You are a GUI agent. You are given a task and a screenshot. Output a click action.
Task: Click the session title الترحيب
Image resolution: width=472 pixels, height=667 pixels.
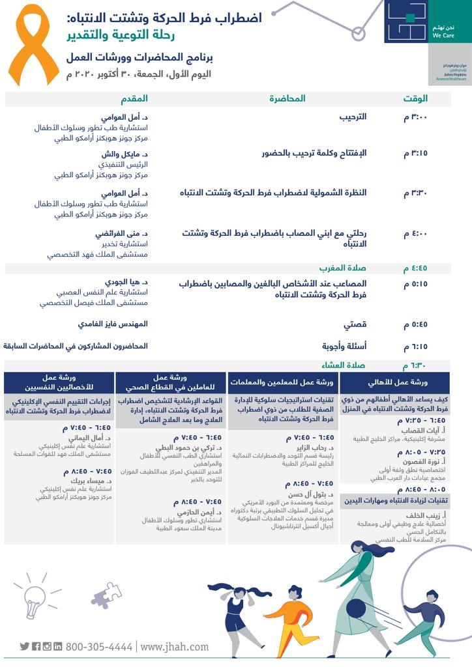[354, 117]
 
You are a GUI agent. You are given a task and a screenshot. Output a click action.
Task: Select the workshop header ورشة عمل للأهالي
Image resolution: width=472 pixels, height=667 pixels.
[394, 382]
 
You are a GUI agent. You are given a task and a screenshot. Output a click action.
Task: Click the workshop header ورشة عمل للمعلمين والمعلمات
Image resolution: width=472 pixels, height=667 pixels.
[284, 382]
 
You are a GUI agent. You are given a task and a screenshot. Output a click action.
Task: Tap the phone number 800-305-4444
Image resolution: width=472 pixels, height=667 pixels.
[99, 647]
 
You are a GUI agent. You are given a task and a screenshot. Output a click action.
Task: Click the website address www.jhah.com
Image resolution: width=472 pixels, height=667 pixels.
[175, 647]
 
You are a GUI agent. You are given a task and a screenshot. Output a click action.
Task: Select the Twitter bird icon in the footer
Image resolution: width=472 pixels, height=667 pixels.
[25, 647]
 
